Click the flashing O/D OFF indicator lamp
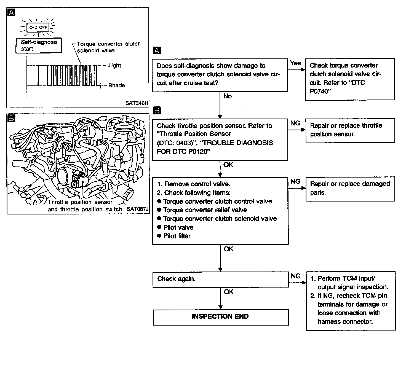39,27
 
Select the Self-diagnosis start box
39,45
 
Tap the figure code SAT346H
137,103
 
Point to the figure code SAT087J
138,209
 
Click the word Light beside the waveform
114,66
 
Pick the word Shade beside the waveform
116,85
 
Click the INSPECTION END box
220,316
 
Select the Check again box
220,279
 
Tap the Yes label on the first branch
295,63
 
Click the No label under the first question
228,96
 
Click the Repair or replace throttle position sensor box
350,130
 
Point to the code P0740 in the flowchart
319,92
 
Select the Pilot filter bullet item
177,236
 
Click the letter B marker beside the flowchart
157,111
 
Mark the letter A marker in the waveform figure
11,12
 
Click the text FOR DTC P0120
182,152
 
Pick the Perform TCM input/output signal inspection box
351,300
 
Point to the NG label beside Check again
296,276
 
